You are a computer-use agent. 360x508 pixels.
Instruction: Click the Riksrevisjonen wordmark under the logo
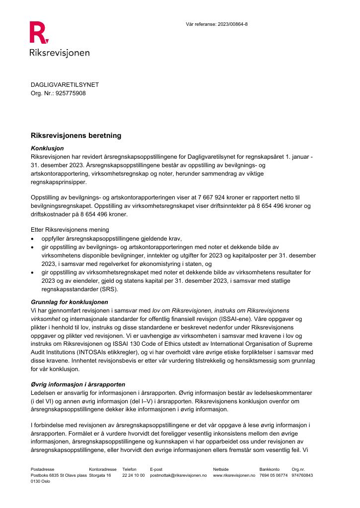[x=60, y=53]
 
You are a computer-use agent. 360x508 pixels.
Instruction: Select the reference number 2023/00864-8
[x=231, y=24]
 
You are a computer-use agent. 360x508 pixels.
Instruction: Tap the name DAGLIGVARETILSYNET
[x=65, y=85]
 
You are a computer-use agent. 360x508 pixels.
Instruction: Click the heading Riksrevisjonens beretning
[x=76, y=135]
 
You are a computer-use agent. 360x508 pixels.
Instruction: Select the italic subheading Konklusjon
[x=47, y=148]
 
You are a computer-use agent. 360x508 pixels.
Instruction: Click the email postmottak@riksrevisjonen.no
[x=178, y=475]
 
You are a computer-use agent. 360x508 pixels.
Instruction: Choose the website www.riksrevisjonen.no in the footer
[x=234, y=475]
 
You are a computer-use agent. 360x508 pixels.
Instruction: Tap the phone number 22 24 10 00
[x=133, y=475]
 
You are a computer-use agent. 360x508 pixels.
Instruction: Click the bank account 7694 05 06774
[x=273, y=475]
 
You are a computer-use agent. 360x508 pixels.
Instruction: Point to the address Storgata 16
[x=100, y=475]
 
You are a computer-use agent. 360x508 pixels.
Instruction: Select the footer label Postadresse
[x=42, y=468]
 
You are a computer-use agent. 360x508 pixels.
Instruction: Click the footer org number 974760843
[x=302, y=475]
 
